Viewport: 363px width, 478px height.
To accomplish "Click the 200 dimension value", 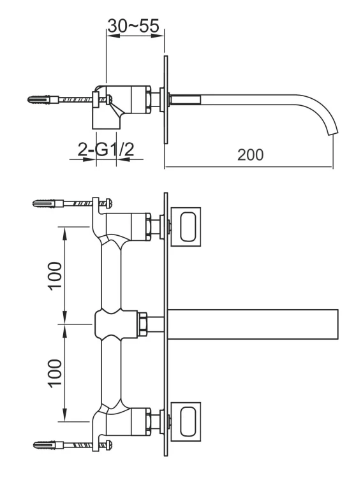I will (x=249, y=155).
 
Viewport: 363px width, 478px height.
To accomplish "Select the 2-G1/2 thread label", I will (x=106, y=150).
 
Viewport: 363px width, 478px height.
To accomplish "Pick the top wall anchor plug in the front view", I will (x=45, y=204).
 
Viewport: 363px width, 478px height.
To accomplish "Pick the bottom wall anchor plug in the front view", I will (x=45, y=444).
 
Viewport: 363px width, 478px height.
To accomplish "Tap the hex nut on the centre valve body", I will (x=144, y=323).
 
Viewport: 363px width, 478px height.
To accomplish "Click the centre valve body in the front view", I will (x=115, y=323).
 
